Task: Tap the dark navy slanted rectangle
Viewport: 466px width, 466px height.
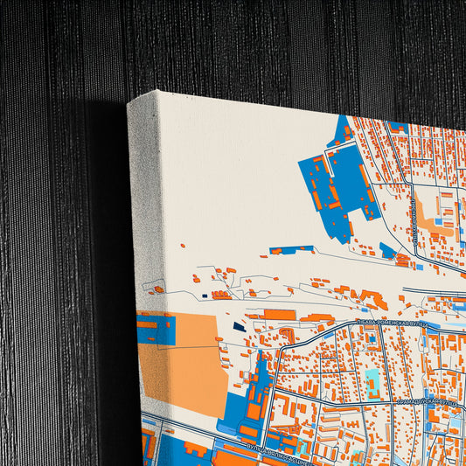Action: coord(240,327)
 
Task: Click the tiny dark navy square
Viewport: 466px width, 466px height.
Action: coord(205,295)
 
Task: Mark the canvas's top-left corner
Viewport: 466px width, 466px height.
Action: coord(129,100)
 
